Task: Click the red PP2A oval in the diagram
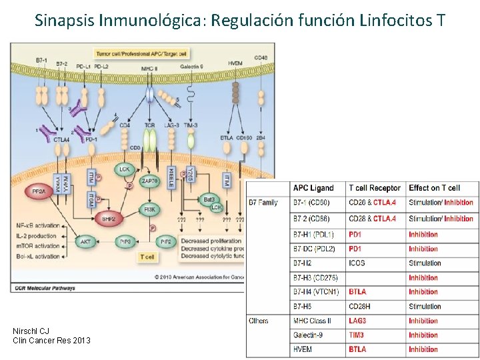point(39,192)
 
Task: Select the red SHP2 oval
point(107,218)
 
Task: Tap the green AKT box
point(86,242)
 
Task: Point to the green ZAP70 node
point(149,181)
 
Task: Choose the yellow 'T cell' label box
point(147,257)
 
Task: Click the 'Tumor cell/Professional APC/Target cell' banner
point(141,52)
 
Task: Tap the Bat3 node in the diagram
point(210,199)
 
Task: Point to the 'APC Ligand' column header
point(313,188)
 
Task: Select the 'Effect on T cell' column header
point(434,188)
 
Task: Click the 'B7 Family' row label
point(264,203)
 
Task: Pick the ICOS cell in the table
point(357,263)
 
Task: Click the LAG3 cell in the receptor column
point(357,321)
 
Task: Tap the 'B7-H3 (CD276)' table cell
point(315,277)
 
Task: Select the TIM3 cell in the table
point(357,335)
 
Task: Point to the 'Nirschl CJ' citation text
point(31,331)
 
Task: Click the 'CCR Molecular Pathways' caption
point(43,288)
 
